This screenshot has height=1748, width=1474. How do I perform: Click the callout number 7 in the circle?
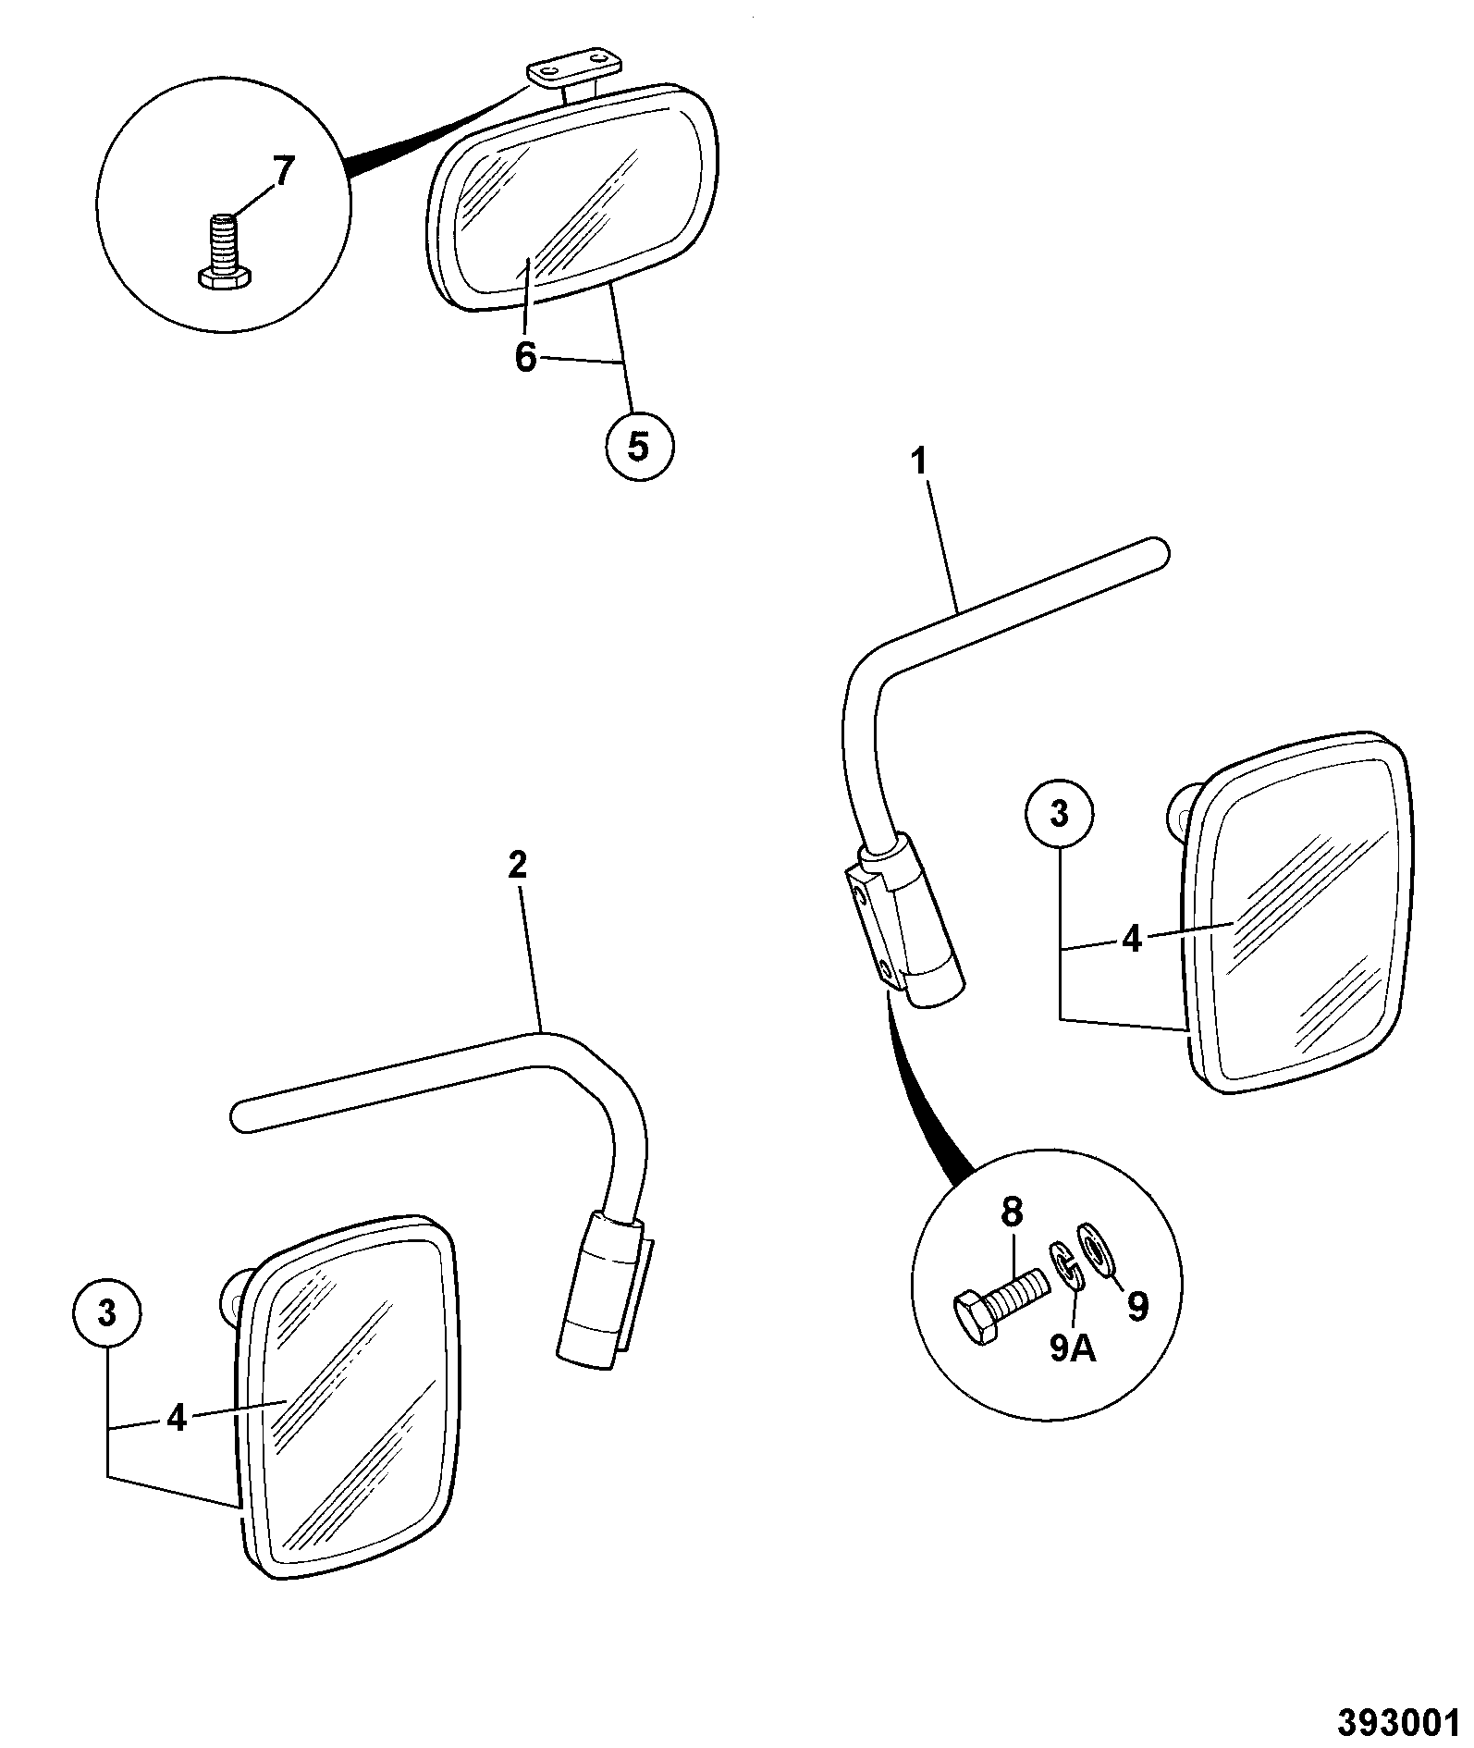pyautogui.click(x=282, y=172)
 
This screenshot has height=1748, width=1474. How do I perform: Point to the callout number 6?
pyautogui.click(x=525, y=357)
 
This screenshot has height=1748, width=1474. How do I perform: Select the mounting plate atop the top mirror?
pyautogui.click(x=573, y=72)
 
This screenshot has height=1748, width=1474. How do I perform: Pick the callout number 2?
pyautogui.click(x=517, y=865)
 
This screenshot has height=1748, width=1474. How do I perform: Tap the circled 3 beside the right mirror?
pyautogui.click(x=1060, y=814)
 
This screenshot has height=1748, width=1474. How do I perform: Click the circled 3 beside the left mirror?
pyautogui.click(x=107, y=1313)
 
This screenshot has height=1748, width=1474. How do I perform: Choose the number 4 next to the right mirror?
pyautogui.click(x=1133, y=939)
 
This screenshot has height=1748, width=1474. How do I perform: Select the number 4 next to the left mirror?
pyautogui.click(x=177, y=1418)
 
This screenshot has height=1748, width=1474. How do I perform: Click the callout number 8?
pyautogui.click(x=1013, y=1213)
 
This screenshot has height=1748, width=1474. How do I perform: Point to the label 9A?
pyautogui.click(x=1073, y=1349)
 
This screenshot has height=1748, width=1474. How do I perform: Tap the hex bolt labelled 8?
pyautogui.click(x=999, y=1297)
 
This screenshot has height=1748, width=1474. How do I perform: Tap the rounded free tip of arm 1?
pyautogui.click(x=1157, y=552)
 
